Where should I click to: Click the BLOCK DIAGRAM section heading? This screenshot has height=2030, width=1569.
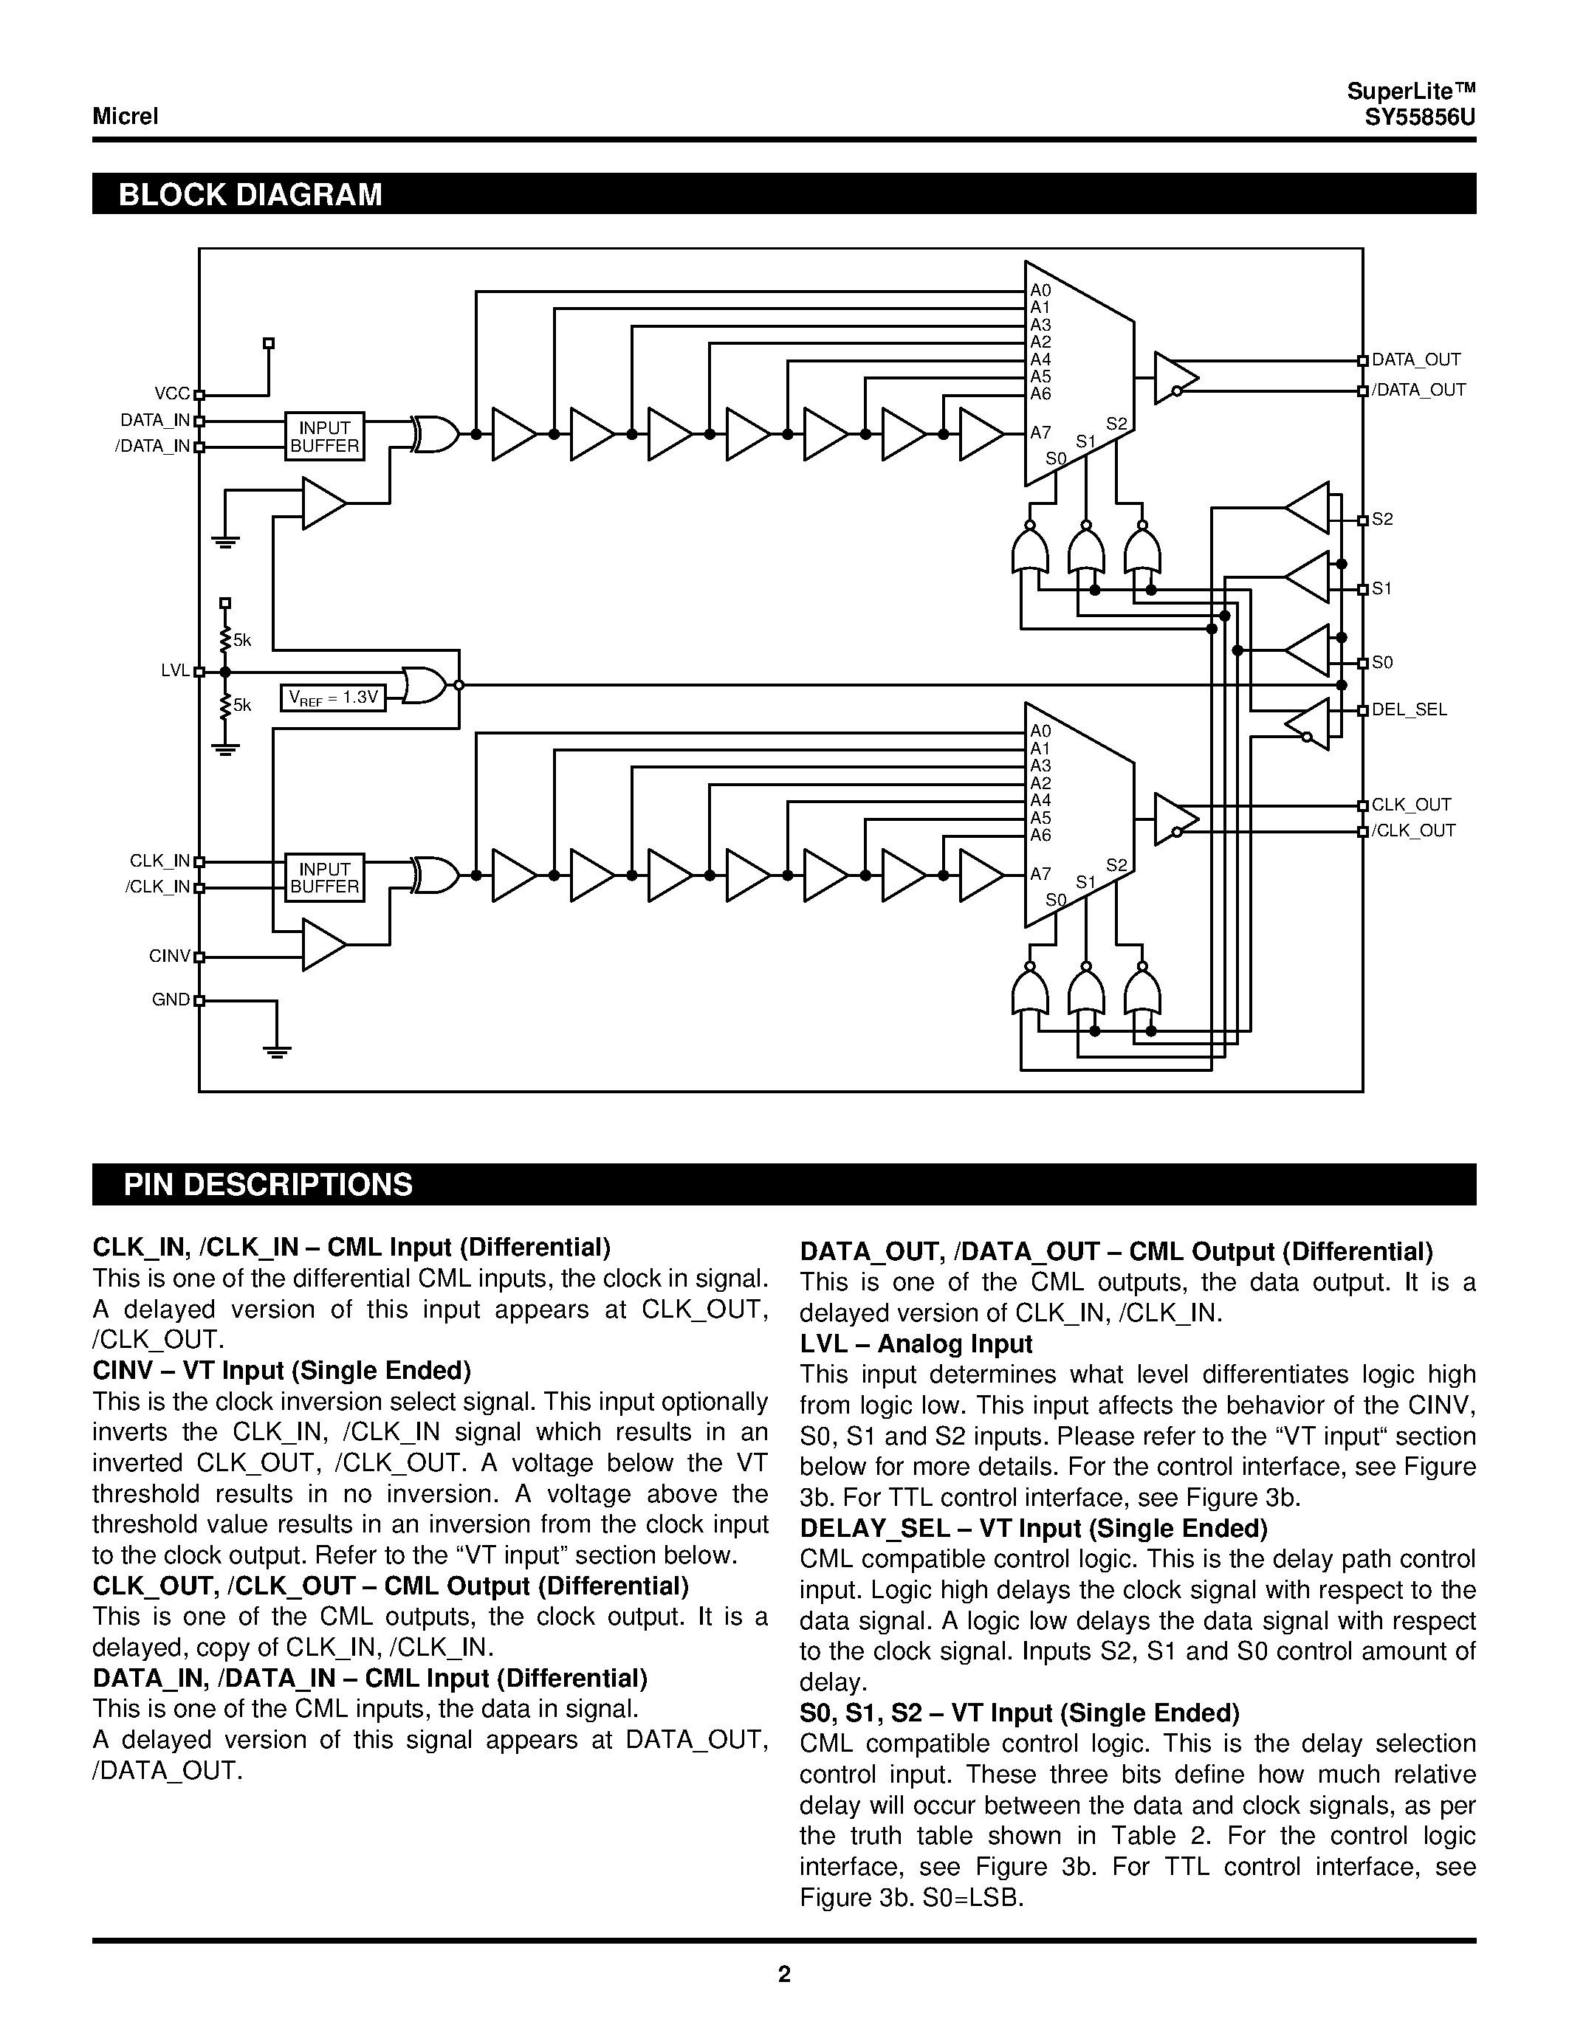click(x=250, y=194)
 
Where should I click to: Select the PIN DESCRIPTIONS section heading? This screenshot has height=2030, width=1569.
click(x=268, y=1184)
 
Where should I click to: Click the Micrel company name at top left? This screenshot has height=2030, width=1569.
click(x=126, y=116)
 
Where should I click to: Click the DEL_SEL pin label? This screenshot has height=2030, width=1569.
click(x=1409, y=710)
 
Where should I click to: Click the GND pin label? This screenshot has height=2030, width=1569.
click(x=171, y=1000)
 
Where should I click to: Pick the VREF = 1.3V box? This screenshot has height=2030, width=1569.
click(x=334, y=697)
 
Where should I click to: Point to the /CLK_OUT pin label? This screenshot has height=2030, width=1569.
click(x=1413, y=831)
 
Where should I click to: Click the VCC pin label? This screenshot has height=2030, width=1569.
click(x=172, y=394)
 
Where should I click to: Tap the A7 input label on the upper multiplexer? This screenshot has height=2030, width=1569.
click(x=1040, y=433)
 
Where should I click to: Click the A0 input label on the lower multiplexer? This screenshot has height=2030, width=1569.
click(x=1040, y=732)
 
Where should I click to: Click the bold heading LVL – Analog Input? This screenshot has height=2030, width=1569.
click(x=916, y=1344)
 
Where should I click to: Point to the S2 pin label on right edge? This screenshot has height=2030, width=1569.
click(x=1382, y=520)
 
